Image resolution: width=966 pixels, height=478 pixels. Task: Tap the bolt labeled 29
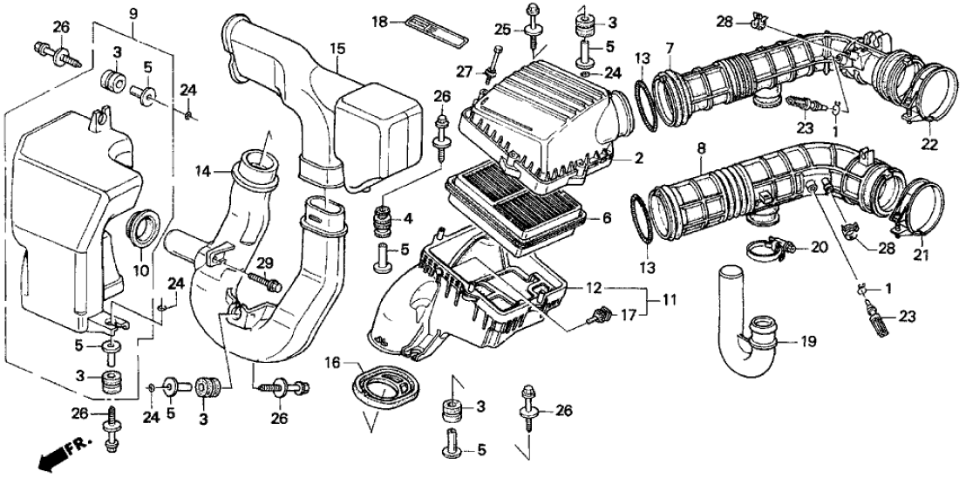pos(262,282)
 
